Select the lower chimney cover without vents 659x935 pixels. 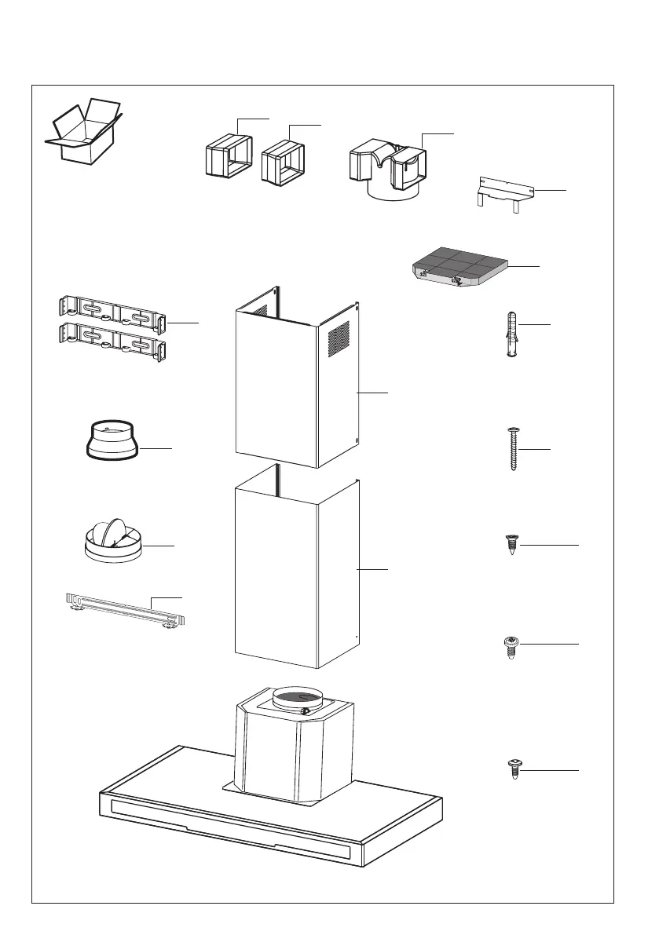pyautogui.click(x=296, y=577)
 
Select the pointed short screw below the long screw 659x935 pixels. pyautogui.click(x=511, y=544)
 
